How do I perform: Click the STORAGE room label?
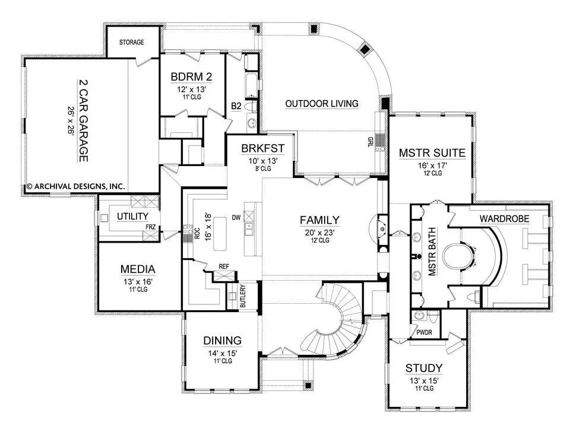coord(132,42)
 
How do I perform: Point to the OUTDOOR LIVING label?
coord(322,104)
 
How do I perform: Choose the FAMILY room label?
coord(319,220)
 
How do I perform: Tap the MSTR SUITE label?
coord(432,153)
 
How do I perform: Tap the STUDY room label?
coord(424,368)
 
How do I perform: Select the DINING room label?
coord(222,341)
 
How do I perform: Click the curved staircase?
coord(332,323)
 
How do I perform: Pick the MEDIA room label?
coord(138,269)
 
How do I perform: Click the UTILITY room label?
coord(132,216)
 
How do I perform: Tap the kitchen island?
coord(221,234)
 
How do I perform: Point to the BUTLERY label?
coord(243,295)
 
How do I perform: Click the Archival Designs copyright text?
coord(75,186)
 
